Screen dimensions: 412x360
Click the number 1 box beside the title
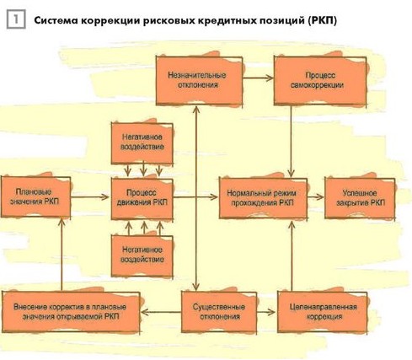coord(16,19)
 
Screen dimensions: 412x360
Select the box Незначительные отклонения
coord(199,81)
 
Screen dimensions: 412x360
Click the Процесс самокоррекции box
coord(320,81)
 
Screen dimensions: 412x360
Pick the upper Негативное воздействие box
coord(142,142)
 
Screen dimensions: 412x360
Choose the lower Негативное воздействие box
coord(142,255)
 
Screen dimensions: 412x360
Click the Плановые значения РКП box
coord(35,196)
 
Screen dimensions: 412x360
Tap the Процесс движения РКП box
coord(142,198)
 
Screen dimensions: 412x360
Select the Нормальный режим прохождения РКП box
coord(263,198)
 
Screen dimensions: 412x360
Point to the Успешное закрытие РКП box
coord(360,198)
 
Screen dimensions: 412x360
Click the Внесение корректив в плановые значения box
coord(71,312)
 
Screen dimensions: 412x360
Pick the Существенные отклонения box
coord(219,312)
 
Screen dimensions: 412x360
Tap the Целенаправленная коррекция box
coord(323,312)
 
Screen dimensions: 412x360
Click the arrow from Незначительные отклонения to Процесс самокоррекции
coord(258,78)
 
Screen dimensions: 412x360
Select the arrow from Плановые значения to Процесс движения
coord(89,196)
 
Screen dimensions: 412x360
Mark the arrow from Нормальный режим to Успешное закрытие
coord(316,197)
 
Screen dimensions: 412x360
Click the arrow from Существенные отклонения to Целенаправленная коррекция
coord(266,312)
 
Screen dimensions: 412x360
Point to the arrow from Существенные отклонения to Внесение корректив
coord(161,312)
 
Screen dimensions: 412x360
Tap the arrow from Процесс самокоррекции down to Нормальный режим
coord(292,142)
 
